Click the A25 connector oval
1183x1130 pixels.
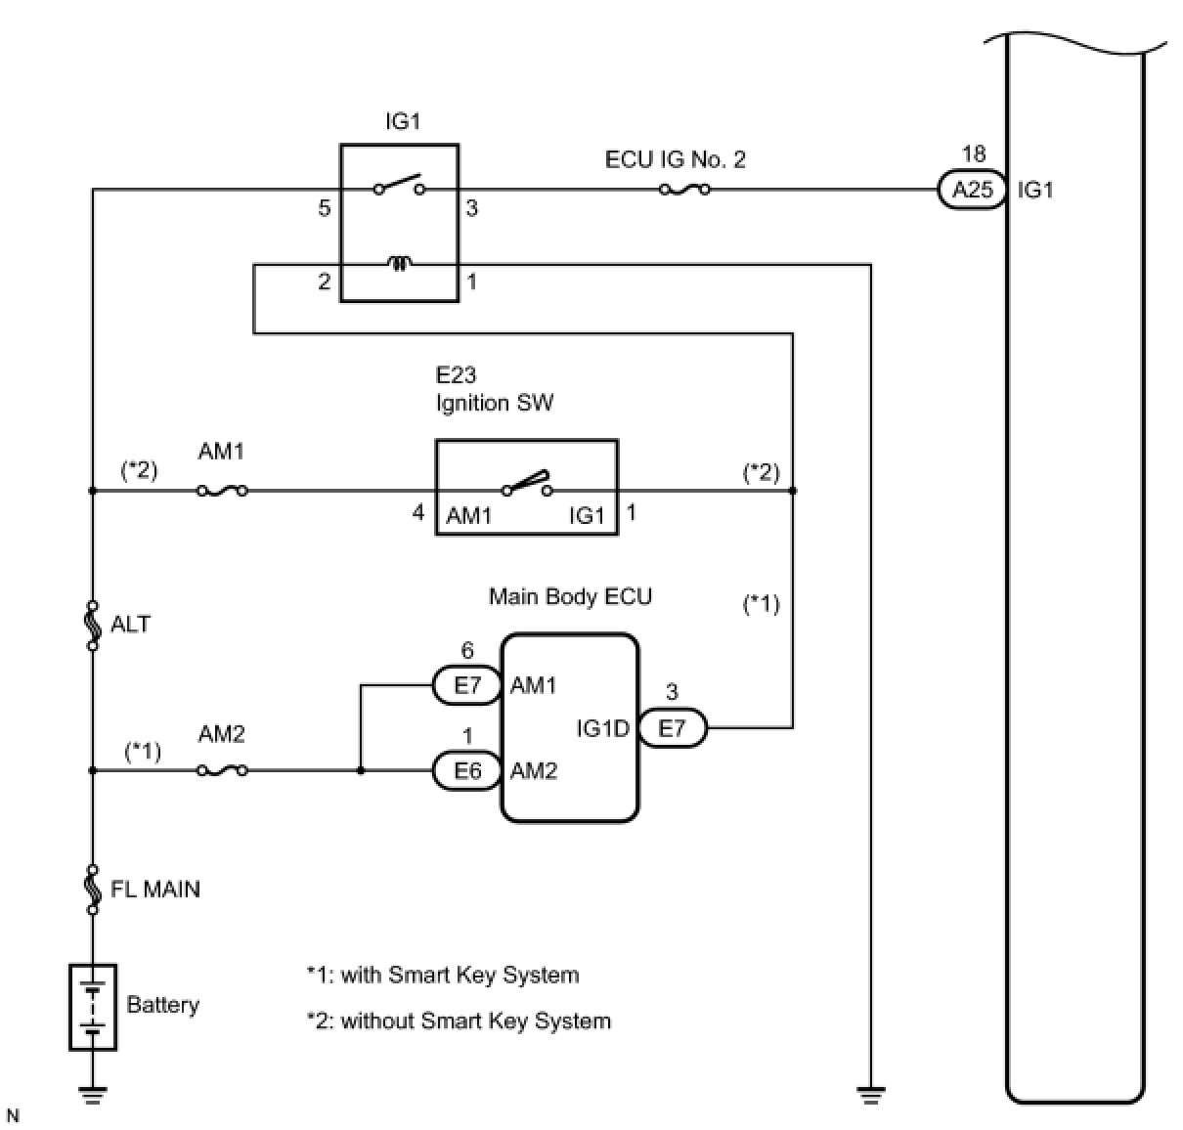click(971, 190)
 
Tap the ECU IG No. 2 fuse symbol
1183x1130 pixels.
click(684, 190)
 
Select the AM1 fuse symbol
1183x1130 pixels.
click(223, 491)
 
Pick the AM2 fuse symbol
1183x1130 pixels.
click(223, 770)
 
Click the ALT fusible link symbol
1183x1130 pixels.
click(93, 626)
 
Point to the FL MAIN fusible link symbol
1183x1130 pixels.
click(93, 890)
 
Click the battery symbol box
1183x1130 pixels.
click(93, 1007)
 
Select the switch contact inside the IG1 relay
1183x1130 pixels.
click(400, 184)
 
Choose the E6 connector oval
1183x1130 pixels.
click(467, 770)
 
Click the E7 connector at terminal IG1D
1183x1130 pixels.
click(673, 727)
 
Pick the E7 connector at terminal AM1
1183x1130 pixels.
click(467, 685)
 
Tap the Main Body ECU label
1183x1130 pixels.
click(570, 596)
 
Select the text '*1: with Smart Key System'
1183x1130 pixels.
click(443, 975)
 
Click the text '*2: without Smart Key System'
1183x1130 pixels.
click(459, 1021)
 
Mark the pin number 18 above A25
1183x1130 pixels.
click(973, 153)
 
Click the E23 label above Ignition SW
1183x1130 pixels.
click(456, 375)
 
